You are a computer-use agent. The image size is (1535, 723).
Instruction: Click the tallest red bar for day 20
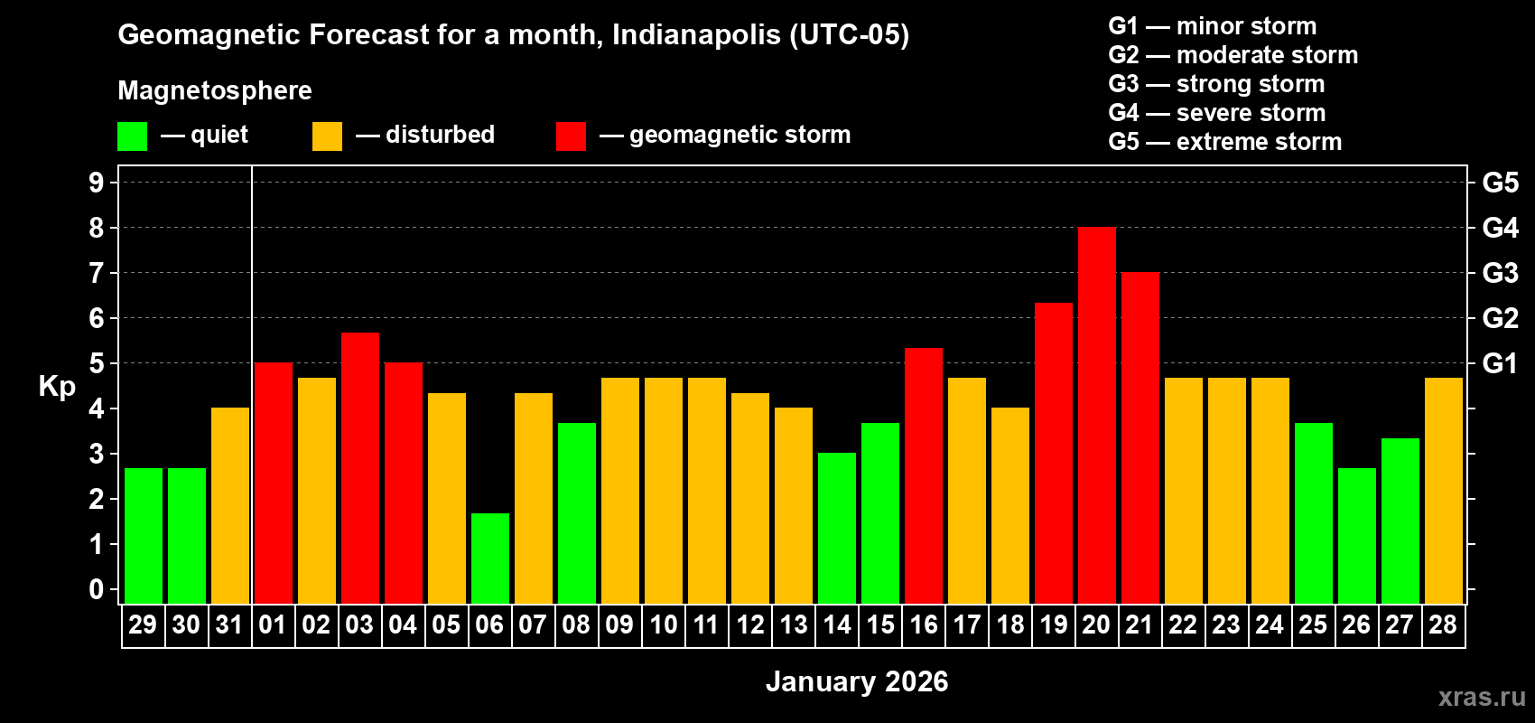(x=1096, y=416)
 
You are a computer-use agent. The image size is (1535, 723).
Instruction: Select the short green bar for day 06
(x=489, y=559)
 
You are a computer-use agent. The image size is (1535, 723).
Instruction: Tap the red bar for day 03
(x=359, y=468)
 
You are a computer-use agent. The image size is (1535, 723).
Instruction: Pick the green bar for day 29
(x=143, y=536)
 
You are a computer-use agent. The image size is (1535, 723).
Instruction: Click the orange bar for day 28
(x=1443, y=491)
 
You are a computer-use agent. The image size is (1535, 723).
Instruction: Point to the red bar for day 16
(x=923, y=475)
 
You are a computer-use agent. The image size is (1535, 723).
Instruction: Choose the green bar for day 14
(x=836, y=528)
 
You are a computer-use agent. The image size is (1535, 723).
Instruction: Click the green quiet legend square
(x=132, y=136)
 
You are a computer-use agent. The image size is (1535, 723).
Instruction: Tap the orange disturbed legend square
(x=327, y=136)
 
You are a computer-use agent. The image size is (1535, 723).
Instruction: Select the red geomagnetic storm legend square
(x=571, y=136)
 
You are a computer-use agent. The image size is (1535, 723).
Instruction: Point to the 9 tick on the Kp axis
(x=97, y=183)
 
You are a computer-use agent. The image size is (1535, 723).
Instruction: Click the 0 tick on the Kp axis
(x=97, y=590)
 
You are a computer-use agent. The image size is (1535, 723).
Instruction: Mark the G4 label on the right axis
(x=1500, y=228)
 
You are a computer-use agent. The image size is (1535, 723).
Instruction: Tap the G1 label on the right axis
(x=1500, y=363)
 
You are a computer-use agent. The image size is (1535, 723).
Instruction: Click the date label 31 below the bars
(x=229, y=625)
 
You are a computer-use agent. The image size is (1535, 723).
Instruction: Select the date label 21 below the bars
(x=1140, y=625)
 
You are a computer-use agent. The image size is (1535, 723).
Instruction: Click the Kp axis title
(x=57, y=386)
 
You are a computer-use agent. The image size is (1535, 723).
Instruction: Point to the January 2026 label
(x=857, y=681)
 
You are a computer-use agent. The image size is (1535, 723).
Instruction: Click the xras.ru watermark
(x=1482, y=697)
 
